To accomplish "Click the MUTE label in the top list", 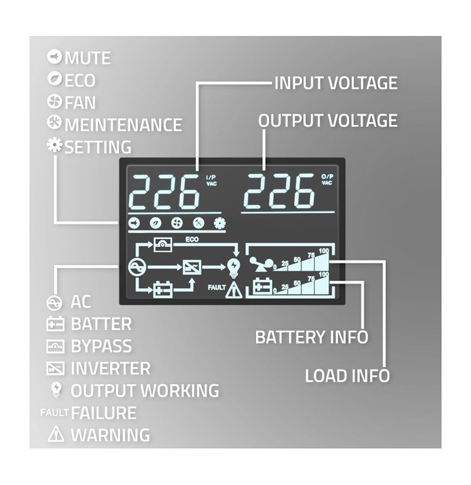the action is point(88,58).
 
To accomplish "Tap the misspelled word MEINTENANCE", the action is point(123,125).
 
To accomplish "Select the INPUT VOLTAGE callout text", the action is point(336,83).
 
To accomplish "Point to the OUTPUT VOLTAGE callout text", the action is point(327,120).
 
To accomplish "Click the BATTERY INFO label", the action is point(311,337).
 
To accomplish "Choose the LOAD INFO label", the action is point(347,376).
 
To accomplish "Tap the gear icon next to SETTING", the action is point(55,145).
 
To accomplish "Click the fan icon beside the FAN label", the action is point(54,101).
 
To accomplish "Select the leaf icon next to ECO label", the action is point(54,78).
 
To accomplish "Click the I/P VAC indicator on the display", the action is point(211,180).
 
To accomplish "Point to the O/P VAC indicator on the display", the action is point(327,179).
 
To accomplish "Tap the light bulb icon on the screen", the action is point(233,268).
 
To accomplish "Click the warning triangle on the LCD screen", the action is point(234,290).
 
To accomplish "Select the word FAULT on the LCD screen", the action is point(217,288).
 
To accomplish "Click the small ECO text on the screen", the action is point(192,239).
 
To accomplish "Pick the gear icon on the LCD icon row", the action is point(220,223).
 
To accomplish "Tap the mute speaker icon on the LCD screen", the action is point(134,223).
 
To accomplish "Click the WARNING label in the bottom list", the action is point(110,435).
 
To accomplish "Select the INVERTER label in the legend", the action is point(110,368).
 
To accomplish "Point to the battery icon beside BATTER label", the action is point(55,324).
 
